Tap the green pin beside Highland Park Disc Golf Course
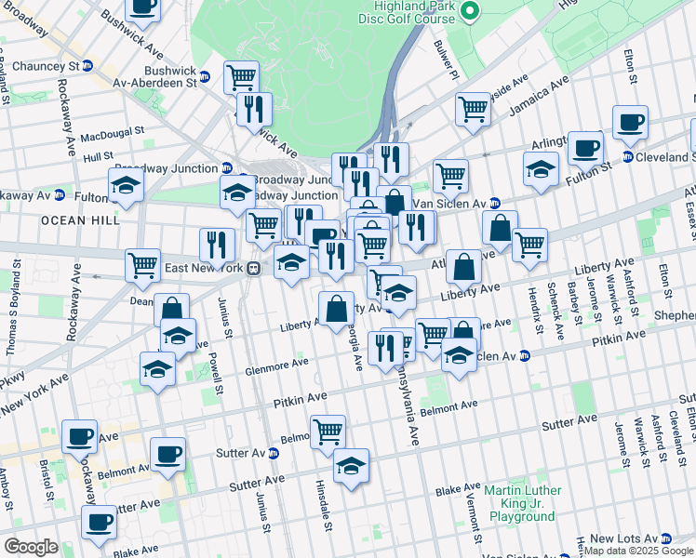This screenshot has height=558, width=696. (471, 12)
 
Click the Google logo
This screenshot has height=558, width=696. (31, 547)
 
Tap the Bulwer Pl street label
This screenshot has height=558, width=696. (447, 57)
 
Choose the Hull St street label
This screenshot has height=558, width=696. (97, 158)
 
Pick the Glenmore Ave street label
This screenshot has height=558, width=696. (276, 366)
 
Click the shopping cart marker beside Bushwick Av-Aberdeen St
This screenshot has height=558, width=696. (241, 76)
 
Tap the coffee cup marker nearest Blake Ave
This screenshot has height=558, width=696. (98, 523)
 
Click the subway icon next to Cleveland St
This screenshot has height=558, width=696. (627, 156)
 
